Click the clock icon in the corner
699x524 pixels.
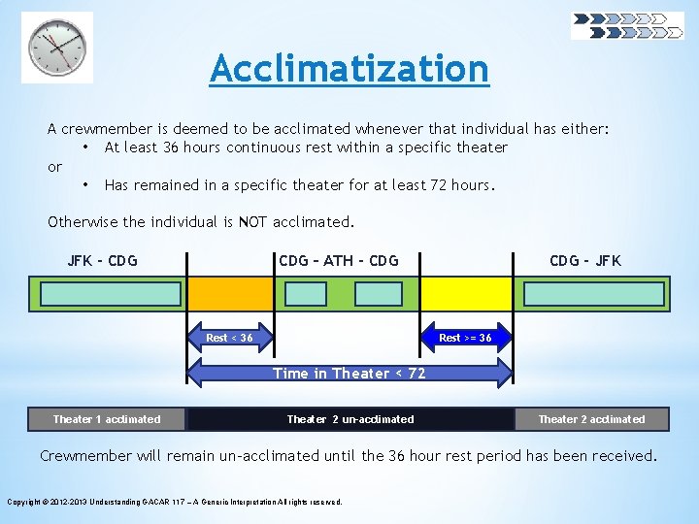pos(57,48)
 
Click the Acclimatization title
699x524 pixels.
pos(349,68)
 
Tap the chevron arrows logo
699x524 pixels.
pos(626,25)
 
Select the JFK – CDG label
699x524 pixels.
pos(102,261)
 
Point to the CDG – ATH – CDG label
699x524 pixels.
pos(338,261)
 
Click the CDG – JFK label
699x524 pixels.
pos(584,261)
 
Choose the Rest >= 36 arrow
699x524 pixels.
pos(465,338)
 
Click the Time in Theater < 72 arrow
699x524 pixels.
pos(349,374)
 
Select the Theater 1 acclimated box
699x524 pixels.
pos(107,419)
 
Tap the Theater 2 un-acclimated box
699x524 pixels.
pos(349,419)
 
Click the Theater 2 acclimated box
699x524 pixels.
pos(591,419)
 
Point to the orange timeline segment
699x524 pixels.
pos(231,294)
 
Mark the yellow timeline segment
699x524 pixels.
pos(466,294)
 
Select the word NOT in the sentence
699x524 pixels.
pos(254,222)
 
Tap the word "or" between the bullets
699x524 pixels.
pos(54,167)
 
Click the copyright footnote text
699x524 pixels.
pos(175,502)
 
